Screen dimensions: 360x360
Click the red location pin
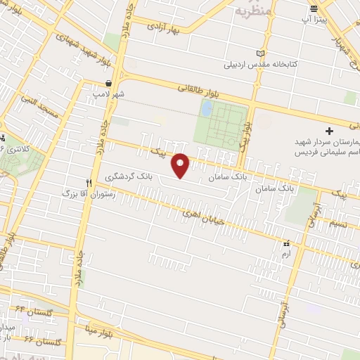[181, 165]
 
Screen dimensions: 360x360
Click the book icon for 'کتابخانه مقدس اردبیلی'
[262, 53]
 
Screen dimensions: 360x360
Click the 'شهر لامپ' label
[111, 93]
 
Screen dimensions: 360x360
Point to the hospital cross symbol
[329, 131]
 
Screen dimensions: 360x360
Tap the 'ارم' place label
[285, 250]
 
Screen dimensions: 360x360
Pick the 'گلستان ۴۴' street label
[29, 309]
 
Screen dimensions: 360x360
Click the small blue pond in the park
[207, 108]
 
